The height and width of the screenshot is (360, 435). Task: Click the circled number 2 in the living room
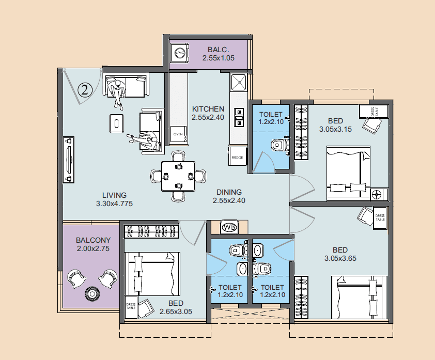[85, 89]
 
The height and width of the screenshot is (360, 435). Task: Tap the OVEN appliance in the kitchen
[178, 133]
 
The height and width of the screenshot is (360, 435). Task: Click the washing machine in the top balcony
[180, 54]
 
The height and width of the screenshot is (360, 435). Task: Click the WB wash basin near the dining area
[229, 227]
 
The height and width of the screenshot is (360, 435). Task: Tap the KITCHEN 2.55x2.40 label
[208, 113]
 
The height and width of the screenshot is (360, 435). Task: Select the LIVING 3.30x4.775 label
[114, 199]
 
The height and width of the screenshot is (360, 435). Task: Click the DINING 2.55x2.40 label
[229, 196]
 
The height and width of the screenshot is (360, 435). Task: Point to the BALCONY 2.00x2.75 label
[93, 244]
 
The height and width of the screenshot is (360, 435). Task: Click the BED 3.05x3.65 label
[341, 254]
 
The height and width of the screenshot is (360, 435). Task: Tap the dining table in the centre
[178, 176]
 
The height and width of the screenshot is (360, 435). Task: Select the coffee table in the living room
[117, 123]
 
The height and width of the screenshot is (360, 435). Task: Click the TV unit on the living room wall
[68, 160]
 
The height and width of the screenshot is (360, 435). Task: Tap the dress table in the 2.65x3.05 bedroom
[131, 308]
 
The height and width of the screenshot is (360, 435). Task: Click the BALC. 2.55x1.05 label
[218, 54]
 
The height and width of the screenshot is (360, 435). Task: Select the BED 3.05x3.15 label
[335, 125]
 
